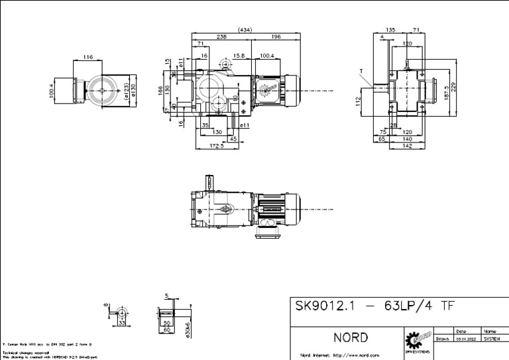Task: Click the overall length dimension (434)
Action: click(245, 30)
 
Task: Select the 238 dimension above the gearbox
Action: click(221, 37)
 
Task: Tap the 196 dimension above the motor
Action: click(276, 37)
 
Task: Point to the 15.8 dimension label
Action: click(239, 56)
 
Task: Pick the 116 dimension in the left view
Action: click(88, 58)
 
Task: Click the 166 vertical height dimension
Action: click(161, 91)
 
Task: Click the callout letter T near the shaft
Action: click(361, 70)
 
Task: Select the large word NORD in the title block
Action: click(350, 337)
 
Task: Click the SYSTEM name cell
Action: click(490, 338)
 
